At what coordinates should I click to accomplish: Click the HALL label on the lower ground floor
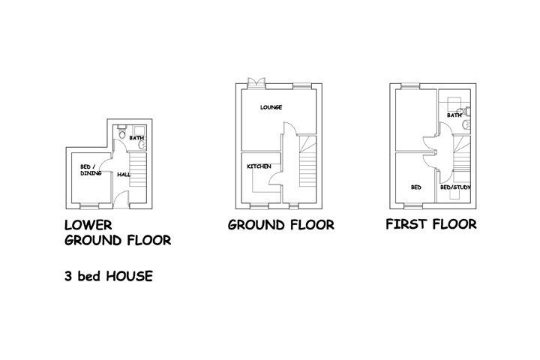point(124,175)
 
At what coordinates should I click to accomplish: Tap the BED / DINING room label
point(91,169)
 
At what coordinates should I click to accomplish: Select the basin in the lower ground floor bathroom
point(142,145)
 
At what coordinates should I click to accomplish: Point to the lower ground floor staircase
point(138,169)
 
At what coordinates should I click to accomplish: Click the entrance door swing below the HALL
point(121,199)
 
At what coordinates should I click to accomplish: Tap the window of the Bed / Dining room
point(89,206)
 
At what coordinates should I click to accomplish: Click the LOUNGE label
point(271,107)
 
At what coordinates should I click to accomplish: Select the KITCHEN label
point(259,166)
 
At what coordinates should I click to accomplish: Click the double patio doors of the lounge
point(256,83)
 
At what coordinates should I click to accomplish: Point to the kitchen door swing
point(276,179)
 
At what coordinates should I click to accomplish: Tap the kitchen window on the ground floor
point(259,206)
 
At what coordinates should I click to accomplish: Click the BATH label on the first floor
point(454,115)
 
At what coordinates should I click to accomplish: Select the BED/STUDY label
point(455,187)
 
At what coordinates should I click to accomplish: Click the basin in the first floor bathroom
point(466,125)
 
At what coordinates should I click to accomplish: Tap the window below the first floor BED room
point(413,206)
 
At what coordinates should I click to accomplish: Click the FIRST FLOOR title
point(431,224)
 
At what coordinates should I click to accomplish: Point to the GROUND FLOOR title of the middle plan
point(281,225)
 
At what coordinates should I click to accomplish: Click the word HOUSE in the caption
point(130,276)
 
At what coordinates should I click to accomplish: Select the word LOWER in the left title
point(88,225)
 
